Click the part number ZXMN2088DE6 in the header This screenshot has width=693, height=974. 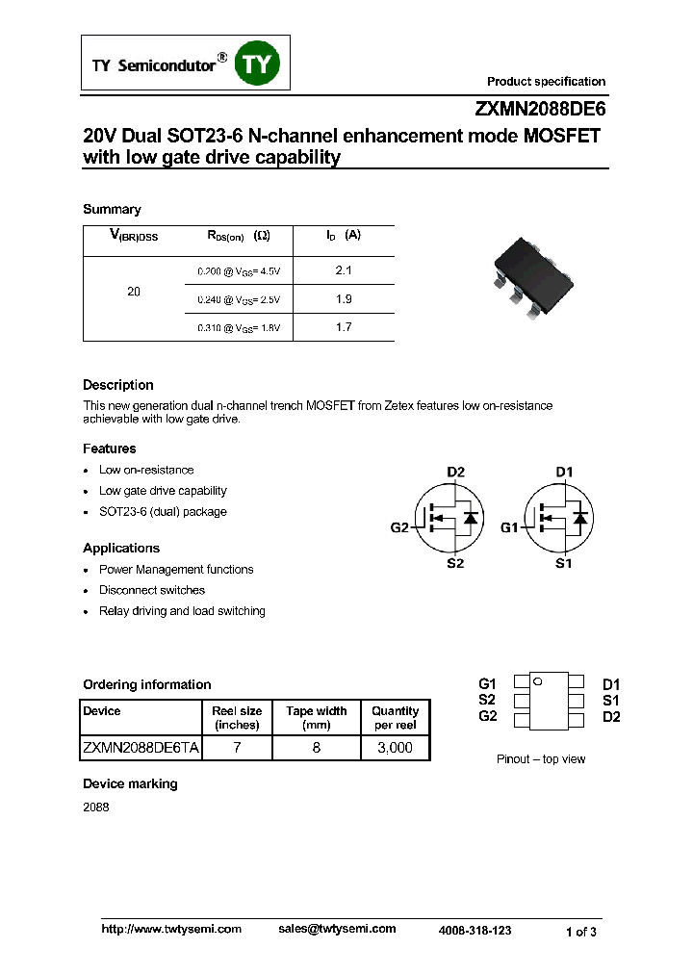(540, 109)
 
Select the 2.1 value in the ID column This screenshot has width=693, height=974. (344, 271)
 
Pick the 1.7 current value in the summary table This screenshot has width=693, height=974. (344, 327)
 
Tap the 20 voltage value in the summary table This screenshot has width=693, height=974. (134, 292)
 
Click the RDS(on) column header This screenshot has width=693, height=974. (238, 236)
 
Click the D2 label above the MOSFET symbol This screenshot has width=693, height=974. (455, 472)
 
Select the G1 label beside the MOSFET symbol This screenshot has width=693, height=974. (509, 527)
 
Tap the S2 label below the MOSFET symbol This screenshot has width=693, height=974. (455, 563)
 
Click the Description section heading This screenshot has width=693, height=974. (117, 385)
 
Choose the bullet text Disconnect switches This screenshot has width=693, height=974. (152, 590)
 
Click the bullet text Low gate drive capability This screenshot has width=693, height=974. (163, 491)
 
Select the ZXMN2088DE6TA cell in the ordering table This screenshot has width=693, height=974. (141, 747)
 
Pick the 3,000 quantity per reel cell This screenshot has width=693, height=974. (395, 747)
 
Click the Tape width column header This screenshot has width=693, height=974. (317, 717)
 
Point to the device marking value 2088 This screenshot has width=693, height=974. (96, 807)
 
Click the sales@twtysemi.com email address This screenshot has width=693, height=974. (337, 929)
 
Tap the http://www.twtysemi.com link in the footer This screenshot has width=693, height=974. (171, 929)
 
